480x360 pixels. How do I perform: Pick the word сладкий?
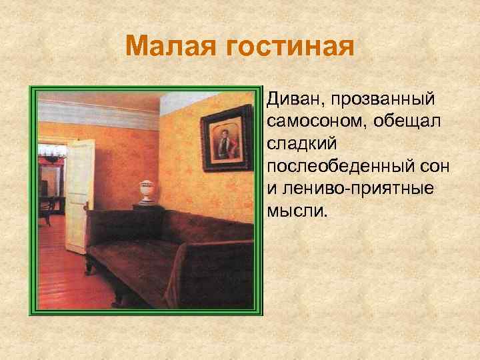point(299,143)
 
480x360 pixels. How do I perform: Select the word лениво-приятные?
point(350,187)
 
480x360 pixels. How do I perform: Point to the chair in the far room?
point(47,207)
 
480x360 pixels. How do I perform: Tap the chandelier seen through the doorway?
point(49,157)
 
